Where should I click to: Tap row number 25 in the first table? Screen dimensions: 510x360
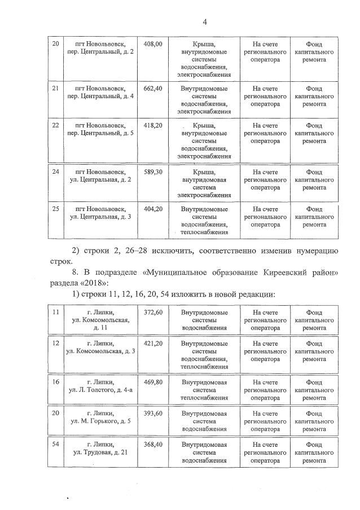pos(55,209)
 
